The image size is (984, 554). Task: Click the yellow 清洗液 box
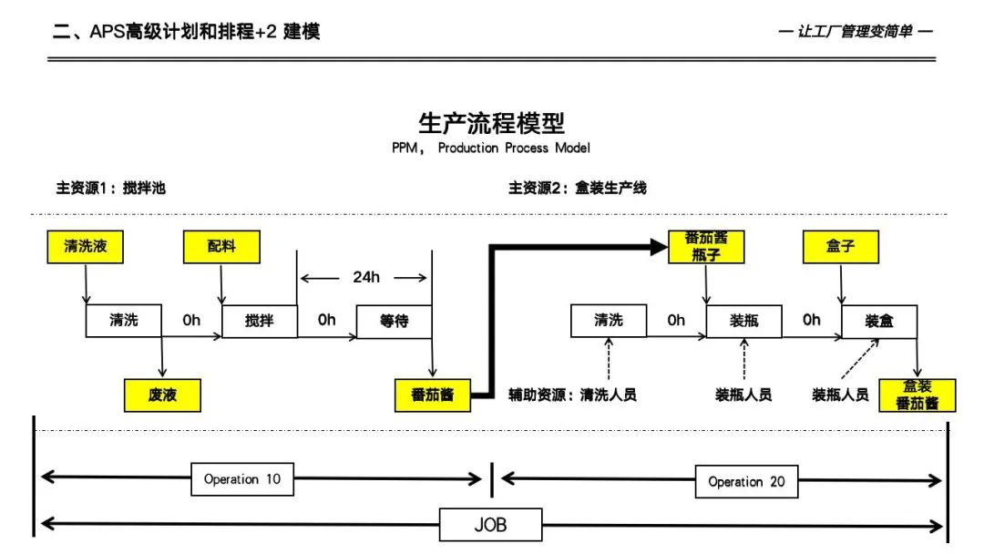click(x=86, y=247)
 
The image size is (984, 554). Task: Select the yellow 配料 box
click(x=221, y=247)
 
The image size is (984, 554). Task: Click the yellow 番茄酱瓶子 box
click(x=706, y=247)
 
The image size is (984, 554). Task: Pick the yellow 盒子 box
click(x=841, y=247)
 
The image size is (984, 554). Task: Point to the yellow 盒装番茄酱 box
click(x=917, y=395)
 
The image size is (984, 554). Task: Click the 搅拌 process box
click(x=259, y=321)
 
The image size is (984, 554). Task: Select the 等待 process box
click(x=394, y=321)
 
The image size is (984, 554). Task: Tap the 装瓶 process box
click(x=743, y=321)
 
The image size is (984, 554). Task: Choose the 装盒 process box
click(x=878, y=321)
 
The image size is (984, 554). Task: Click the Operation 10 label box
click(x=242, y=478)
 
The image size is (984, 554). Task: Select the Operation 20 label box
click(x=746, y=481)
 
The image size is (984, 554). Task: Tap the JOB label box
click(x=490, y=525)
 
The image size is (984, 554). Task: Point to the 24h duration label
click(x=366, y=277)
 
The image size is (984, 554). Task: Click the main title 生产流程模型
click(x=491, y=123)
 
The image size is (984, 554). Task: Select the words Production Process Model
click(x=514, y=148)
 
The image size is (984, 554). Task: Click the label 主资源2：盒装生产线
click(x=578, y=189)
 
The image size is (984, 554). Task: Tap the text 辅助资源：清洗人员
click(x=572, y=395)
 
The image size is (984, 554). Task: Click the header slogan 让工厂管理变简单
click(x=856, y=32)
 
